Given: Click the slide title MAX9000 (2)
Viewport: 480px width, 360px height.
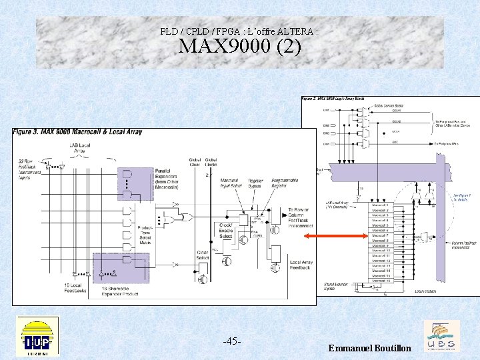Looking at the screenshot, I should coord(240,48).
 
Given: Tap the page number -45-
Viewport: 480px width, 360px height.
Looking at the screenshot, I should coord(231,341).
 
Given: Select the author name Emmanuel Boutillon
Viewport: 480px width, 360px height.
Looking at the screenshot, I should coord(370,349).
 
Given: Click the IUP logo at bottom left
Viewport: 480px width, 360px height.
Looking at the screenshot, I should coord(38,337).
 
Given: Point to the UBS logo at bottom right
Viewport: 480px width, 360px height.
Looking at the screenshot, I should coord(441,337).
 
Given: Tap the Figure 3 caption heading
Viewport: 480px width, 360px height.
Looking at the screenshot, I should coord(77,132).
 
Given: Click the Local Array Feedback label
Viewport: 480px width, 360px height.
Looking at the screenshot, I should coord(301,265).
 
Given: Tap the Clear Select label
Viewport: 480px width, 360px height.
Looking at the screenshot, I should coord(203,255).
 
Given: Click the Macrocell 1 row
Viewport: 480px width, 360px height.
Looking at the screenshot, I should coord(381,205).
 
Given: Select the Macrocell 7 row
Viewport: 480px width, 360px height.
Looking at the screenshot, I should coord(381,235).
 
